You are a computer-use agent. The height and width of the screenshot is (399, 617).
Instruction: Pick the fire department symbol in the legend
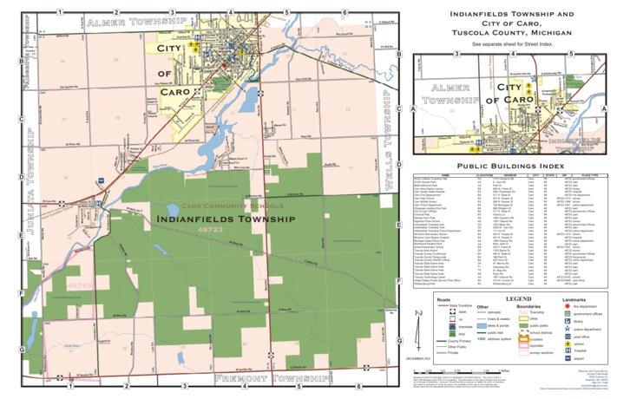click(x=569, y=308)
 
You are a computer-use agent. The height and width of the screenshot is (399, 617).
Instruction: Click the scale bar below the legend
click(x=473, y=370)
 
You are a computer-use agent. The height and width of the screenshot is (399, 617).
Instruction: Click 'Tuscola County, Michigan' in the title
click(x=509, y=32)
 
